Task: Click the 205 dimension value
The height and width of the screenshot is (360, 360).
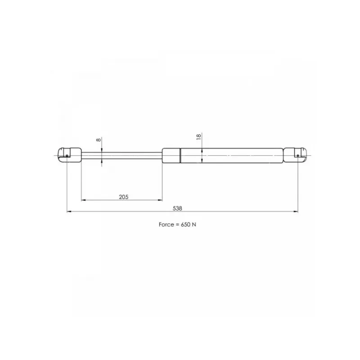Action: [x=123, y=197]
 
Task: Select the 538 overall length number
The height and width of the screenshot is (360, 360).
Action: [x=177, y=208]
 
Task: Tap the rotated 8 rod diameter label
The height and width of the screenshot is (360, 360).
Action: [x=99, y=139]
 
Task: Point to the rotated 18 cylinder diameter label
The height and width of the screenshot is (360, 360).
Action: [x=198, y=137]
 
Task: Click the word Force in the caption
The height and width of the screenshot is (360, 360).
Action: [x=166, y=224]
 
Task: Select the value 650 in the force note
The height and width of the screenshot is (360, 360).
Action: [x=185, y=224]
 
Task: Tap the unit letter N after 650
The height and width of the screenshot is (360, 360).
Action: [x=194, y=224]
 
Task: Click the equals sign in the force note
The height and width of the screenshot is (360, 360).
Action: [x=177, y=225]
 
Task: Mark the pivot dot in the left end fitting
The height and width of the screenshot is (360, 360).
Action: [x=67, y=156]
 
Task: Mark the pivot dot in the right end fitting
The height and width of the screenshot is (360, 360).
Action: [x=298, y=156]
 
